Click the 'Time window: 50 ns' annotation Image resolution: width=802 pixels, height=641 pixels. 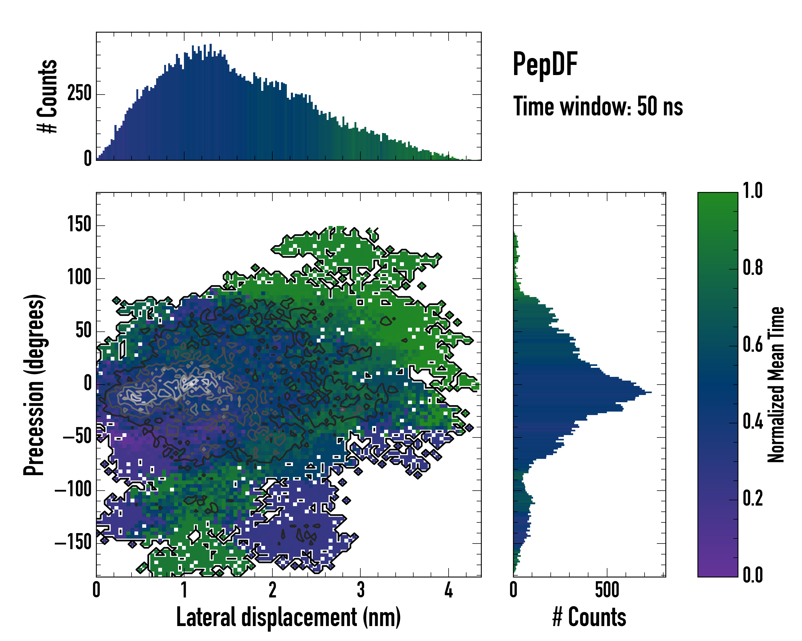click(598, 107)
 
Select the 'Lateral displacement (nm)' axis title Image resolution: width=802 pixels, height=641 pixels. click(288, 617)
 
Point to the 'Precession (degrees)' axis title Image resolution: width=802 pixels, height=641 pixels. click(34, 385)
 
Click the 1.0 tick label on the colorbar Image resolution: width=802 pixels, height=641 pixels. click(753, 191)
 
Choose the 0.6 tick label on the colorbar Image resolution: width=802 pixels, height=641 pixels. click(753, 345)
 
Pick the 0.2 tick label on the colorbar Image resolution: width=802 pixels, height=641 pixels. click(753, 498)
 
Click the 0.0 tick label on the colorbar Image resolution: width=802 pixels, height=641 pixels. click(753, 575)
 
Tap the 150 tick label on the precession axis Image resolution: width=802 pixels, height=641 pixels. click(79, 225)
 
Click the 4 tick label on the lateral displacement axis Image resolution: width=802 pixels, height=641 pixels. click(449, 590)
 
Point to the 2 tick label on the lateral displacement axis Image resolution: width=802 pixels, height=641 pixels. click(272, 590)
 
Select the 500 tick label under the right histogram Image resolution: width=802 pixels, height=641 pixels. click(607, 590)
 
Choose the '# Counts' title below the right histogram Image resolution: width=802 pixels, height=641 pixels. click(589, 617)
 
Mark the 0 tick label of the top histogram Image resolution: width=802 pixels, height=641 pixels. click(88, 159)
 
